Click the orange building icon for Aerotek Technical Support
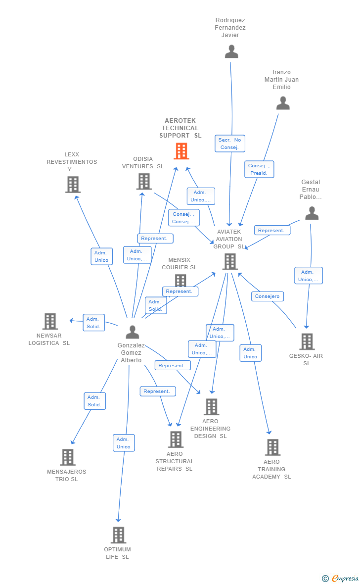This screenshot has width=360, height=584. tap(181, 151)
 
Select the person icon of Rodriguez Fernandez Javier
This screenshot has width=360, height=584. tap(231, 51)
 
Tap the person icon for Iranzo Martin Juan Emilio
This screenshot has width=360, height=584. tap(283, 103)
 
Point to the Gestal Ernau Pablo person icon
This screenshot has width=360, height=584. tap(312, 213)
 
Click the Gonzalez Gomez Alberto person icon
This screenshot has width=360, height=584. tap(132, 332)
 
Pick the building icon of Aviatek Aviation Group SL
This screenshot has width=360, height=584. tap(230, 262)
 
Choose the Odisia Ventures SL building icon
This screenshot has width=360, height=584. tap(144, 182)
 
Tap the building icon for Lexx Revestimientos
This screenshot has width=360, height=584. tap(73, 185)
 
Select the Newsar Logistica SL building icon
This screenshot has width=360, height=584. tap(50, 321)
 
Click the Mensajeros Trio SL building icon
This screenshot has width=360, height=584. tap(68, 457)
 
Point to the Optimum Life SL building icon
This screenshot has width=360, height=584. tap(118, 535)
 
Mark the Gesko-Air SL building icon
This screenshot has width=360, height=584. tap(307, 341)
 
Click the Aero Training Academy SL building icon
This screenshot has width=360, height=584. tap(272, 447)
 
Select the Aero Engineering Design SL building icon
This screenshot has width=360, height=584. tap(211, 407)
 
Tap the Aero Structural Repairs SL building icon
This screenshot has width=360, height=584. tap(176, 439)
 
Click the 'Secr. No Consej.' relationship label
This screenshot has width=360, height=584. tap(229, 144)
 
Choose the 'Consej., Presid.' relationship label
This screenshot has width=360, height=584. tap(259, 169)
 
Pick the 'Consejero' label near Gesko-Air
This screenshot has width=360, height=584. tap(268, 296)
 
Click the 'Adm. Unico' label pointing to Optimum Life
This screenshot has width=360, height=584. tap(124, 443)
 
